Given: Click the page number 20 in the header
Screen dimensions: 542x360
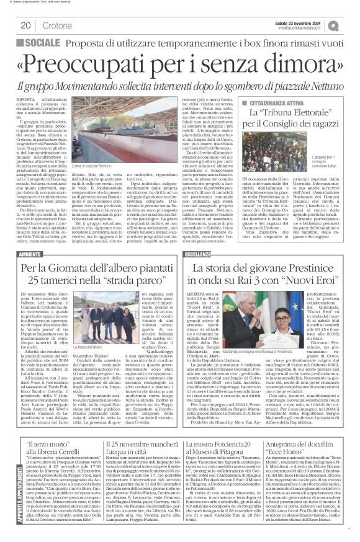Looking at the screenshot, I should [x=26, y=25].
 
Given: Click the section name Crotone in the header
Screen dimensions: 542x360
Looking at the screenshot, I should [x=56, y=25].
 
